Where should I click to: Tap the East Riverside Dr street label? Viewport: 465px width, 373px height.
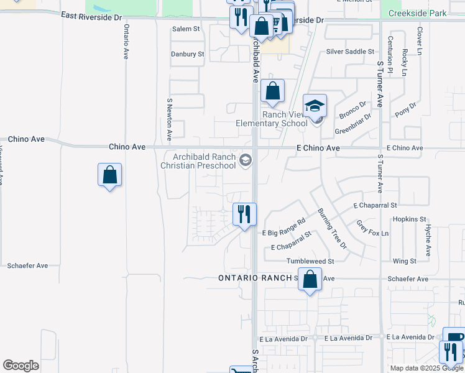91,17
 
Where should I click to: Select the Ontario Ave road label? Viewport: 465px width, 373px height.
126,42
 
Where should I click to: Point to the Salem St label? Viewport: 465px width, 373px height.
186,29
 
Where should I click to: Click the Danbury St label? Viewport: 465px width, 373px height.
188,54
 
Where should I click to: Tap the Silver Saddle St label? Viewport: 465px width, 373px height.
350,52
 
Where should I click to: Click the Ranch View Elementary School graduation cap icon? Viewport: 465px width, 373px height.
315,106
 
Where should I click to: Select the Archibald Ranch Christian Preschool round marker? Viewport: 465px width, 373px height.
246,161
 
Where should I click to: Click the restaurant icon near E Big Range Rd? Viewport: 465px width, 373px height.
244,214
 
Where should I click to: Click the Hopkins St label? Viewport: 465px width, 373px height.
409,219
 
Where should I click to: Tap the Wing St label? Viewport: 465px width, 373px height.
404,261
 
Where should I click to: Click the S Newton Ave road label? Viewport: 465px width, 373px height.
169,117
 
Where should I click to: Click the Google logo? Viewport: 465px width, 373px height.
21,366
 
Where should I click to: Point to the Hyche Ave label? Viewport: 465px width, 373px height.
428,241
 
